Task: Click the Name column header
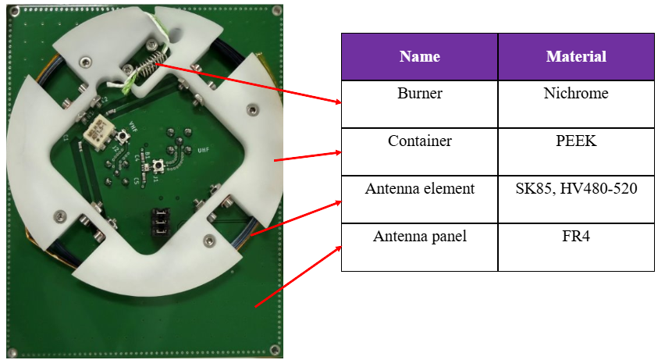419,57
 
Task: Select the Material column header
576,57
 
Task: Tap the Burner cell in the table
419,104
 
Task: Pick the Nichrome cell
576,104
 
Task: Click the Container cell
419,151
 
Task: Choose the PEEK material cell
576,151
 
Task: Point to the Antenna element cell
419,199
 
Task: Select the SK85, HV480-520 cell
576,199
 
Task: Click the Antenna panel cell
419,247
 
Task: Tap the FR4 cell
576,247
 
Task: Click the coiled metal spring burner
151,64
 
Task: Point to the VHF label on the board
133,127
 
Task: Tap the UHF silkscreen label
203,150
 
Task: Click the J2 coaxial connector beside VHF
123,137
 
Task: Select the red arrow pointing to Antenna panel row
298,276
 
